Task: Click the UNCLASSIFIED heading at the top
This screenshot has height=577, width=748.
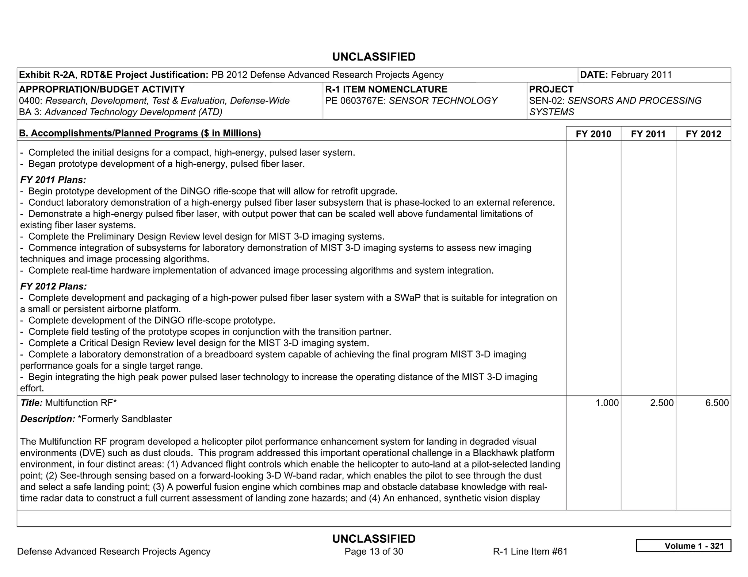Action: pos(374,57)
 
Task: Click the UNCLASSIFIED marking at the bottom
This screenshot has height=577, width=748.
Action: pos(374,539)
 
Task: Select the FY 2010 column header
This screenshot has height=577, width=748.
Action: pos(593,134)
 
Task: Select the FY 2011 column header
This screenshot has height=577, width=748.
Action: pos(648,134)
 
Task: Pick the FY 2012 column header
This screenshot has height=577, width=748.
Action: pos(703,134)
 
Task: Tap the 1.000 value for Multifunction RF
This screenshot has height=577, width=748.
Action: pos(607,403)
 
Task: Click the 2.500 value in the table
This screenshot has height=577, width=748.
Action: pos(662,403)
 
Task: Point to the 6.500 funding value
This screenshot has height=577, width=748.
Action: pos(717,403)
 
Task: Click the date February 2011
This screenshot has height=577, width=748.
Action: pos(641,75)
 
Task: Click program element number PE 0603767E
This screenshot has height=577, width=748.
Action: pos(355,101)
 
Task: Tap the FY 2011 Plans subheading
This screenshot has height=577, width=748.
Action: pos(53,180)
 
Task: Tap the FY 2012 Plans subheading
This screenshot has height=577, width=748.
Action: pos(53,286)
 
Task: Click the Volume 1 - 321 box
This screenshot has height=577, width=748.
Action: pos(683,546)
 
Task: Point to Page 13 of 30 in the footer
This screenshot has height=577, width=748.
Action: pos(374,551)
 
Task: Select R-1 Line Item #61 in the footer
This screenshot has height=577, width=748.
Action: pos(530,551)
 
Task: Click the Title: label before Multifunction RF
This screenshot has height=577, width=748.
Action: pos(31,403)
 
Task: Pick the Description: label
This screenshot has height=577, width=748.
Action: pos(47,419)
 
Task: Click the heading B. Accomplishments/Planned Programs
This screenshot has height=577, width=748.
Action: pos(140,133)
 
